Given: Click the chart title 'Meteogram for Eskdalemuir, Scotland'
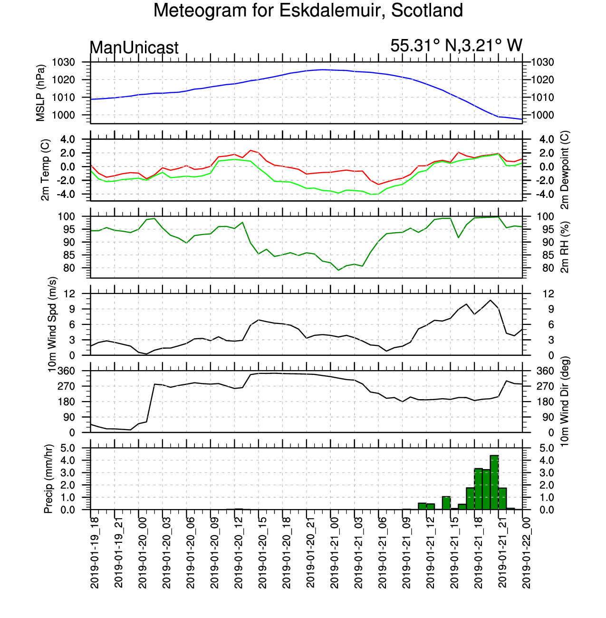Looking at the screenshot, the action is pos(308,10).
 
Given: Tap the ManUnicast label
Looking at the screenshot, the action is pos(134,48).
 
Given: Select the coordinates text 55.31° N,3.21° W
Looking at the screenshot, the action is pos(456,46).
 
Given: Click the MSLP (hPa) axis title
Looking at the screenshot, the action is pos(40,93).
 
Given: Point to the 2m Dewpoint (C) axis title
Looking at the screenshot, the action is pos(565,170).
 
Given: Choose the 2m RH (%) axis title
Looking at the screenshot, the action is pos(565,247).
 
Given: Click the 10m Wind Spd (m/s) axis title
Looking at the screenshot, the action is pos(52,324).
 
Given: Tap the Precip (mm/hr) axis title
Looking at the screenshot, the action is pos(48,479).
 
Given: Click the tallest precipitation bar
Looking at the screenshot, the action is pos(494,482).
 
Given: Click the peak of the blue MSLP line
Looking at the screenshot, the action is pos(323,69).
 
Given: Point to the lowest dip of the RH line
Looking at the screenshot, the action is pos(338,270).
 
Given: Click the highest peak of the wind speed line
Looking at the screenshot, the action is pos(491,300).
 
